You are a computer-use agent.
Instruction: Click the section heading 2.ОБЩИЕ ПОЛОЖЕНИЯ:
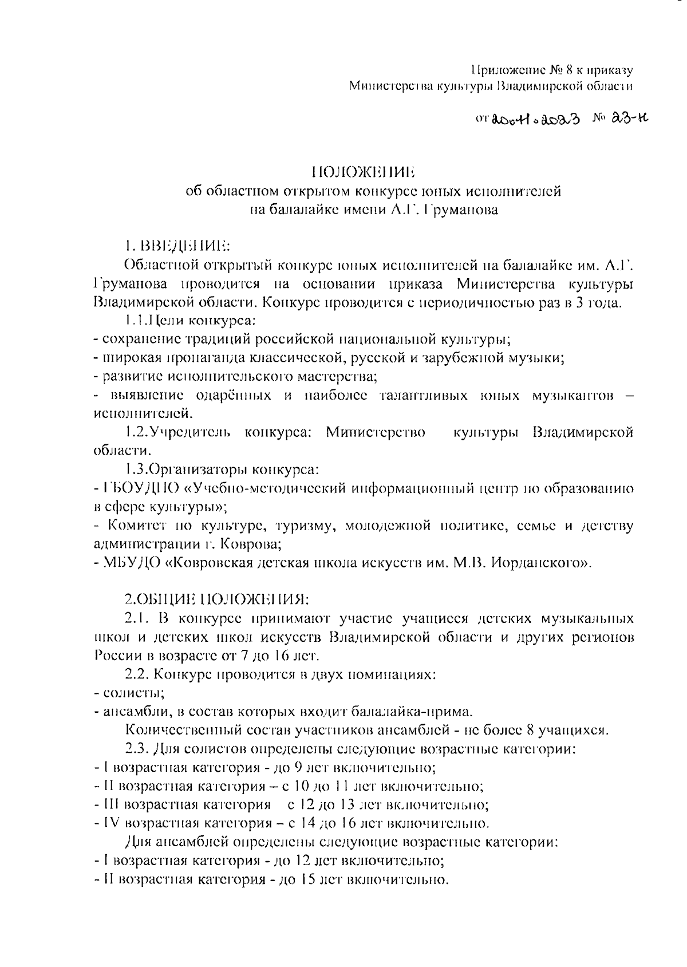(x=216, y=599)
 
